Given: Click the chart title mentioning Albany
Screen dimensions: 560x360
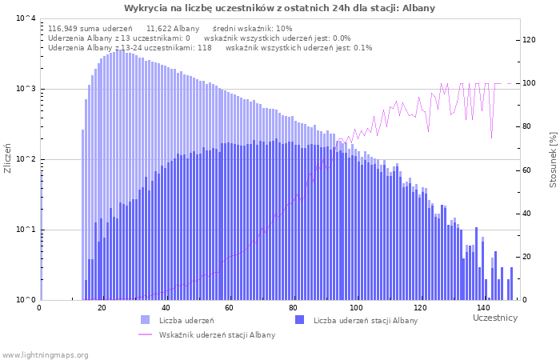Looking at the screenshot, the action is (279, 8).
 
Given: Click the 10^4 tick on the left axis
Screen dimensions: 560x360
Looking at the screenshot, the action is (26, 18).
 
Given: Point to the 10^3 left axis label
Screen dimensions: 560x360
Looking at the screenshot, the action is (26, 89).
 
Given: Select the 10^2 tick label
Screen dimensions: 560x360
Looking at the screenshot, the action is (26, 159).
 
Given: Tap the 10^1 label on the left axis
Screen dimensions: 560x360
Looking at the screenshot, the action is (26, 230).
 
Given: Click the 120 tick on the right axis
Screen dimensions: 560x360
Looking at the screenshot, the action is (530, 40).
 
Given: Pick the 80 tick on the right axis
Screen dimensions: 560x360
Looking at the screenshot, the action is (526, 126).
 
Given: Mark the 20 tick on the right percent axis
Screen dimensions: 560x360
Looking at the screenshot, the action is (526, 257).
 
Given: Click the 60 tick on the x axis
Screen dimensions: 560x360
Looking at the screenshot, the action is (229, 308).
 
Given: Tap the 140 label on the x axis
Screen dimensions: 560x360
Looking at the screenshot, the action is (483, 308).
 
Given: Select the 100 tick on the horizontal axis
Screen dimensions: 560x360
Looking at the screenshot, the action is (356, 308).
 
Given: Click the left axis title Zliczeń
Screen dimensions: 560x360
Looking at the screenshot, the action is (7, 158).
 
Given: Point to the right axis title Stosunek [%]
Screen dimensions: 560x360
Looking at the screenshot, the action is (553, 160).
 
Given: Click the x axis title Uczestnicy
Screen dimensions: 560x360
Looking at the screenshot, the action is (495, 318).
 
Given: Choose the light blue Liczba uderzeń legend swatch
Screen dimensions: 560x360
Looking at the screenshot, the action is (146, 320).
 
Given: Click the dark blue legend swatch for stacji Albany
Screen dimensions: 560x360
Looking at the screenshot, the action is (300, 320).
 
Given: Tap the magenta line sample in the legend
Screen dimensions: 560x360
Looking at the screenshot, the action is (146, 334).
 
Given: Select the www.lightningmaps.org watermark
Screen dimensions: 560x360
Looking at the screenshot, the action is (45, 355).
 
